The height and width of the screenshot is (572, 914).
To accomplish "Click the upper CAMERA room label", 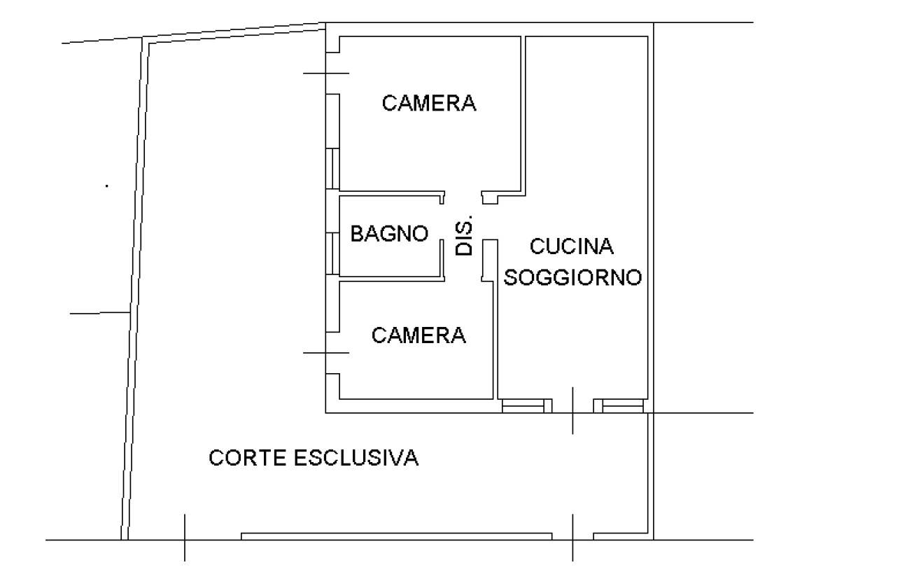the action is coord(429,103).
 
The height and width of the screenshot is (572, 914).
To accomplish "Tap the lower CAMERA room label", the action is coord(419,335).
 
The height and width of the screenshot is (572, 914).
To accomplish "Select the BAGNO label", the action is coord(389,234).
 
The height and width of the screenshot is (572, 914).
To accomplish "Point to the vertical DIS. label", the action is coord(464,235).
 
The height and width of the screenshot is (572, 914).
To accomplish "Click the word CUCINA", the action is coord(571,246).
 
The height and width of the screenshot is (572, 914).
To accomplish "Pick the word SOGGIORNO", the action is coord(572,278).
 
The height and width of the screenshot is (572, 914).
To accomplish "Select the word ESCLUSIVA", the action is coord(356,458).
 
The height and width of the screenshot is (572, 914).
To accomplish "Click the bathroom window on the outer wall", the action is coord(332,253).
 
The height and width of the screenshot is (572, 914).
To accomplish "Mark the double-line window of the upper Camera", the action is coord(332,169).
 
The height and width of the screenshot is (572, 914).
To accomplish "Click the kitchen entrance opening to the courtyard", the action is coord(572,406).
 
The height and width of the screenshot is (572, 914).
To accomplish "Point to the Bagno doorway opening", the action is coord(442,222).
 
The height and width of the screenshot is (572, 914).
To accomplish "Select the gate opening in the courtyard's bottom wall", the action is coord(572,536).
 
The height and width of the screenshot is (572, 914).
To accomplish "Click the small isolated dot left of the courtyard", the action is coord(107,186).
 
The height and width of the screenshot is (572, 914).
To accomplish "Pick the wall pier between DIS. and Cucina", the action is coord(490,260).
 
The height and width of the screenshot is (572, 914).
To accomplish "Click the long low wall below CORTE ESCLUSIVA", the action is coord(397,536).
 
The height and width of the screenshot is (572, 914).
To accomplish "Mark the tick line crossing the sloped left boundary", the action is coord(100,313).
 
